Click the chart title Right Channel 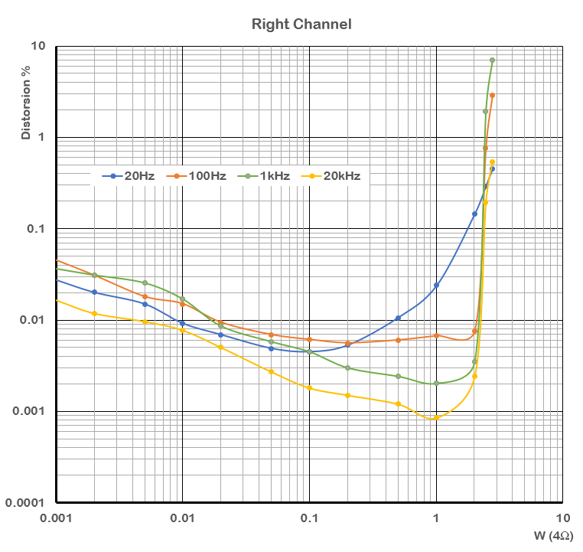click(301, 24)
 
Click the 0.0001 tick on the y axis click(30, 503)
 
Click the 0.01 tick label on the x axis click(182, 518)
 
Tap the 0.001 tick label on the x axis click(55, 518)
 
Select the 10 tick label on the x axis click(563, 518)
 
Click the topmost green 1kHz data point click(493, 60)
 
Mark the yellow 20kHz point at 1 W click(436, 417)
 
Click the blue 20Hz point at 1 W click(436, 286)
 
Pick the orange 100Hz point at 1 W click(436, 335)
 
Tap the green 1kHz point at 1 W click(436, 383)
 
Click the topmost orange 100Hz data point click(493, 95)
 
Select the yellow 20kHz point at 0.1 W click(309, 388)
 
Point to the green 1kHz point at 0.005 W click(145, 283)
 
